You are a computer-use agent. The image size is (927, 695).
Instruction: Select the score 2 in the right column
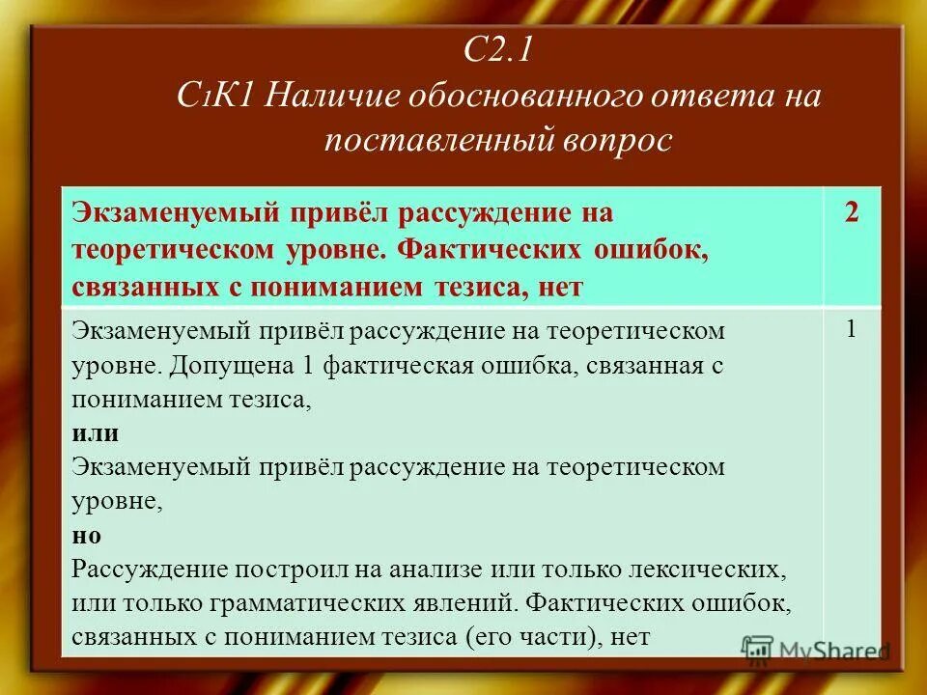pos(851,212)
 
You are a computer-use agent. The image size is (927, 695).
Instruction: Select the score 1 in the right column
pos(851,329)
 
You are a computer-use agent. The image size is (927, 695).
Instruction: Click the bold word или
pos(96,433)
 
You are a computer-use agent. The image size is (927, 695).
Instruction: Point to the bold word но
pos(87,535)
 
